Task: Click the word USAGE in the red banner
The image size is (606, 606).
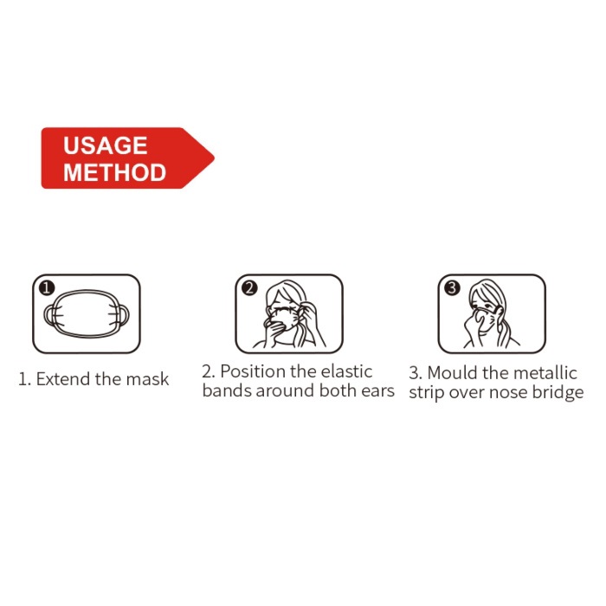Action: (x=105, y=145)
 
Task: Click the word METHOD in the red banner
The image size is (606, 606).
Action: (x=115, y=172)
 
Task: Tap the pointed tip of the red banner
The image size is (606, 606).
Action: (x=214, y=158)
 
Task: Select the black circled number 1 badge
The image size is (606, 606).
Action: (x=47, y=288)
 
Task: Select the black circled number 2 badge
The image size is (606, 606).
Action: (x=249, y=288)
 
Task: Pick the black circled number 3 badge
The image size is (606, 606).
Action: (x=452, y=288)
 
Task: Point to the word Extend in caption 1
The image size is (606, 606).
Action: (x=63, y=379)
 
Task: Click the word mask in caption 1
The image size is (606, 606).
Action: (x=148, y=379)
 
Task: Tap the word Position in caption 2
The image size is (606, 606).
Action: (x=253, y=371)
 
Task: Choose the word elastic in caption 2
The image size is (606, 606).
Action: (x=346, y=371)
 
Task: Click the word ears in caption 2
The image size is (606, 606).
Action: (x=378, y=390)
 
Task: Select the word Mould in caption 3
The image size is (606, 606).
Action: (x=452, y=373)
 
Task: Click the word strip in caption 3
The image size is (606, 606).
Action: (x=427, y=393)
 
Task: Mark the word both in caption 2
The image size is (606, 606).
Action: (x=338, y=390)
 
